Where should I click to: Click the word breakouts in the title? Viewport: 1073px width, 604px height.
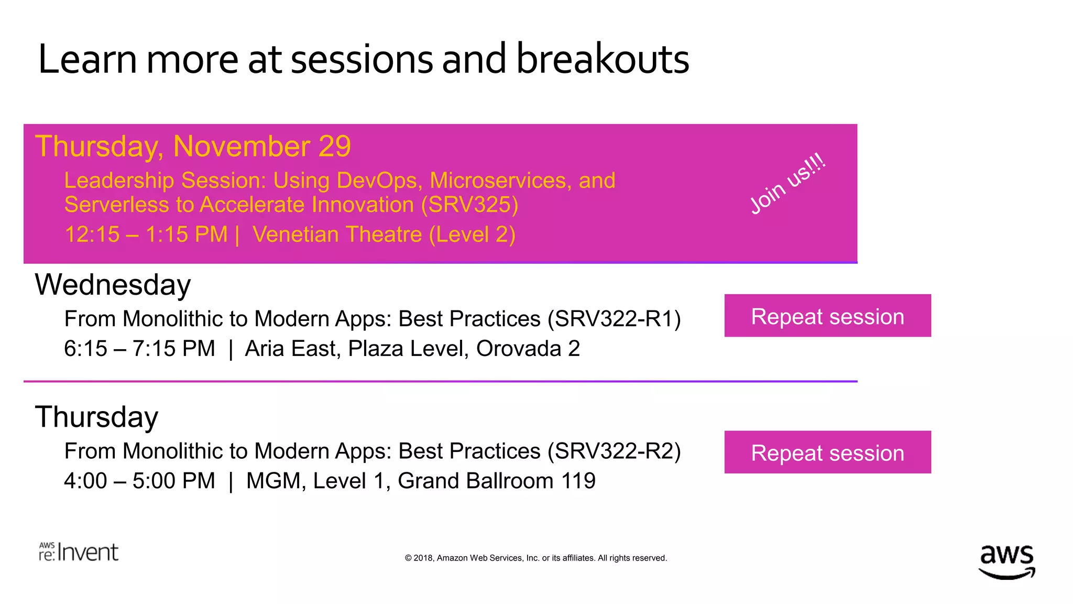coord(603,59)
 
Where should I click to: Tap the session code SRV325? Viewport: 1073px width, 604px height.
coord(470,205)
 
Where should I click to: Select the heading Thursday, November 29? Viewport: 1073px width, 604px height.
coord(193,146)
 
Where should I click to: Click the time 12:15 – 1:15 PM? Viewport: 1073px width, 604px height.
coord(146,234)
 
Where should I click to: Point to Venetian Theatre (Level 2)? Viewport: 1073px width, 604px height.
coord(384,234)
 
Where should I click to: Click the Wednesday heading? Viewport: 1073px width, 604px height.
coord(113,285)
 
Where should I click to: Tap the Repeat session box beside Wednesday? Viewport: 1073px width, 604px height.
coord(827,316)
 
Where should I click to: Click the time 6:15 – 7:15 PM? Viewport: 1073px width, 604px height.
coord(139,349)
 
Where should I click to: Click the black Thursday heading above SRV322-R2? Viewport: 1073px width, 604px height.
coord(96,417)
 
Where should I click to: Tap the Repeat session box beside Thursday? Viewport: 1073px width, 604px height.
coord(827,452)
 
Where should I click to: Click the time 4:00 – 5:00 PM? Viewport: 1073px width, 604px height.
coord(139,481)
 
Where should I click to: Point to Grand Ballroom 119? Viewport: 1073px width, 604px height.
coord(496,481)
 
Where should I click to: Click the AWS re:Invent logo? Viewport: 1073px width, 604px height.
coord(79,552)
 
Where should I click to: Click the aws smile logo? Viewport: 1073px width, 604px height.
coord(1006,561)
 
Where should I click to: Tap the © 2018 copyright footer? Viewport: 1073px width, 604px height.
coord(535,558)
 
